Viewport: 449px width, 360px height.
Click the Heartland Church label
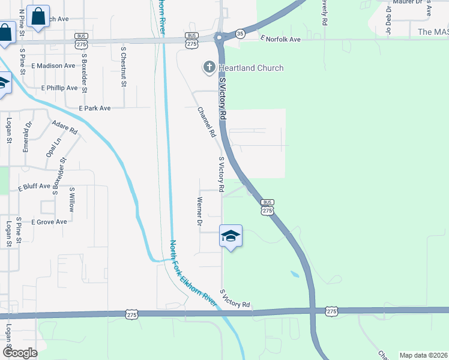click(251, 68)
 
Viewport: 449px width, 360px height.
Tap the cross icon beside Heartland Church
click(209, 67)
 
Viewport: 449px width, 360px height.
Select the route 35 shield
click(240, 34)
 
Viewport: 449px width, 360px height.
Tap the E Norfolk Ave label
click(280, 39)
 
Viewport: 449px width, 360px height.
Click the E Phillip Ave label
click(59, 88)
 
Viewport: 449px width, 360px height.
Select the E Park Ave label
click(95, 108)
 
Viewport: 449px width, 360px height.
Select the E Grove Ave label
click(49, 222)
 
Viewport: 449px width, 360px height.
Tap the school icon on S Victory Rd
click(231, 236)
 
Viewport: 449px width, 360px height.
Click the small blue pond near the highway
click(294, 274)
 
